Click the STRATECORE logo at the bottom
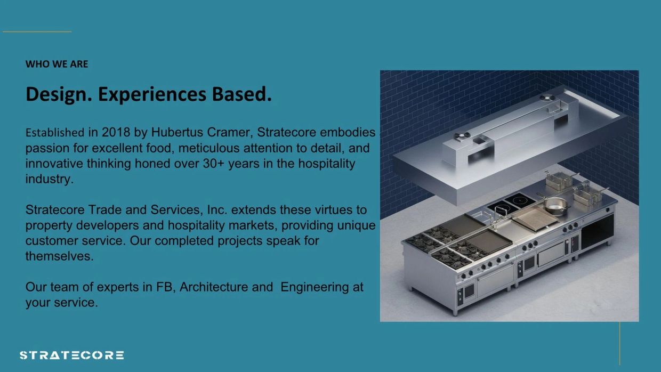point(72,355)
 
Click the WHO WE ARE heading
point(57,64)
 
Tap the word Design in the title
point(59,94)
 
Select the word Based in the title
point(241,94)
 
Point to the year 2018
point(116,132)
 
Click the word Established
point(55,133)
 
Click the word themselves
point(59,256)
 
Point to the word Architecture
point(214,287)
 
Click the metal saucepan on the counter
point(554,206)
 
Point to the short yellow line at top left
point(37,31)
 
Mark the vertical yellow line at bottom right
point(619,343)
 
